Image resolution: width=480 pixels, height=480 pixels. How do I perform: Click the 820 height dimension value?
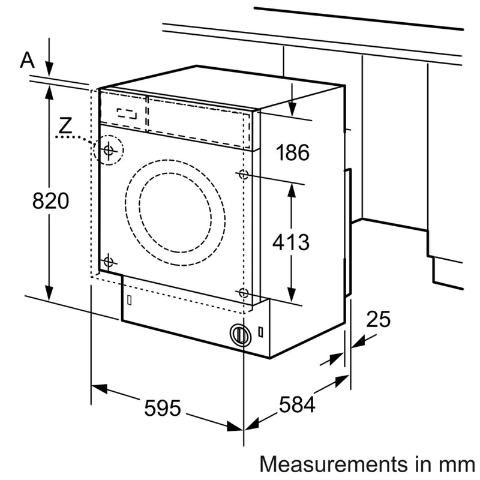[x=50, y=202]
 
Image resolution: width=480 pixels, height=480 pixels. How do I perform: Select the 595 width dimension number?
[x=163, y=409]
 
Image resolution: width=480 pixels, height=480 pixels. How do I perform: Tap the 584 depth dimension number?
[x=296, y=406]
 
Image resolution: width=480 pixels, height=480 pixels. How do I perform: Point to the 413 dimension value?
[x=291, y=242]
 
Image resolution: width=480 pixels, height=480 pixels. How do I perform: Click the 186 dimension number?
[x=292, y=153]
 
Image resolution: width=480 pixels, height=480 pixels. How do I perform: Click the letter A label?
[x=26, y=59]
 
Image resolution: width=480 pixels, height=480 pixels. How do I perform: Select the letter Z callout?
[x=67, y=125]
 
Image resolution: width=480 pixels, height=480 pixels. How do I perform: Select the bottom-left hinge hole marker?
[x=108, y=261]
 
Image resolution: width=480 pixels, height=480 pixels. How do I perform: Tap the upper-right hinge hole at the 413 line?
[x=243, y=175]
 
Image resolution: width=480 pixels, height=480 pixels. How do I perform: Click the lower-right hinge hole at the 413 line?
[x=242, y=293]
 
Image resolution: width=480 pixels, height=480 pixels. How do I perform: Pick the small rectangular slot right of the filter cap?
[x=262, y=331]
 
